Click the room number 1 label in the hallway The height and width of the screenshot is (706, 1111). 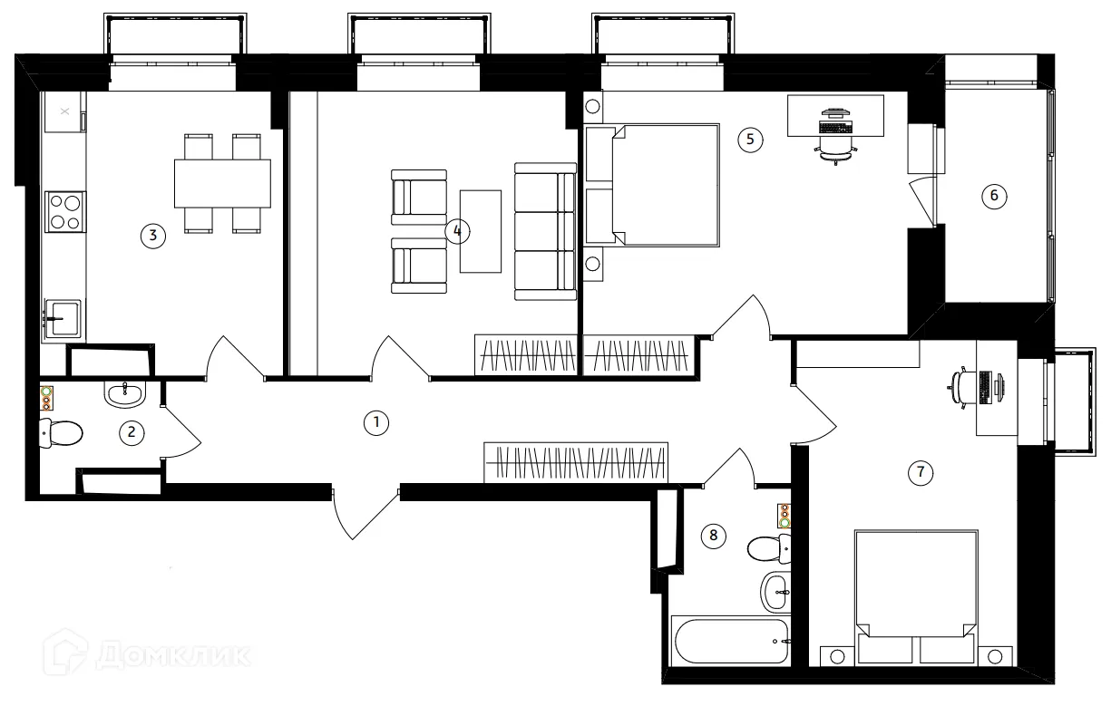(376, 423)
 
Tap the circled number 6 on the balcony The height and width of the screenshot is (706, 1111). (994, 196)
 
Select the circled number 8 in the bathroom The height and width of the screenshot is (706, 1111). (713, 536)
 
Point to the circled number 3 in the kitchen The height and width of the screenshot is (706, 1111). (152, 236)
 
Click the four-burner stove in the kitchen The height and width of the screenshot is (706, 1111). (65, 212)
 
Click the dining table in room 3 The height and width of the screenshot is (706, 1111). (222, 183)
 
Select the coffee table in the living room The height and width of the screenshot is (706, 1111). (480, 231)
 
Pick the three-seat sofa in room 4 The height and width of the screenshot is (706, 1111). (546, 231)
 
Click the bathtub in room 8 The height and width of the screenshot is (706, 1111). (731, 641)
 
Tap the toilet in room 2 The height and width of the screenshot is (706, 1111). (61, 433)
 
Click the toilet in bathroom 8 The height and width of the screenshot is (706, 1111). (769, 549)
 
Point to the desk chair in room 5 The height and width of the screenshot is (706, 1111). (835, 150)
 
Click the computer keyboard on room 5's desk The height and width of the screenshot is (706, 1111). (835, 128)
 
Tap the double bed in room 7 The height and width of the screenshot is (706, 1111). (916, 597)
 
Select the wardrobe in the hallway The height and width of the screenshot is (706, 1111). (576, 462)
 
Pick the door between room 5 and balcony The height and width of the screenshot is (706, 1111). (921, 202)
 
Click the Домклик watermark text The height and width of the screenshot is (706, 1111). (173, 655)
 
